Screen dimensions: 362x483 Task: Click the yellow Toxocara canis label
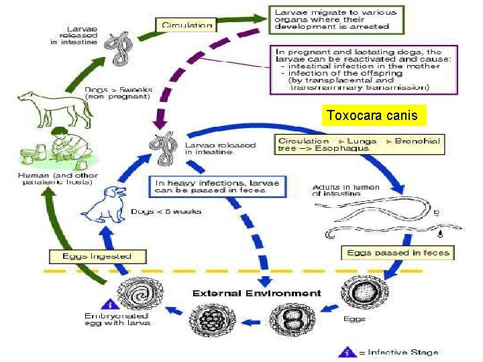(x=372, y=116)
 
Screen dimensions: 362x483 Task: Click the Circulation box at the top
(x=187, y=25)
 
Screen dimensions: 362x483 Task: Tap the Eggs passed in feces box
(x=398, y=253)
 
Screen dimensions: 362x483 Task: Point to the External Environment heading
(x=256, y=294)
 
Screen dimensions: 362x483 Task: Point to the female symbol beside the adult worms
(x=437, y=214)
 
